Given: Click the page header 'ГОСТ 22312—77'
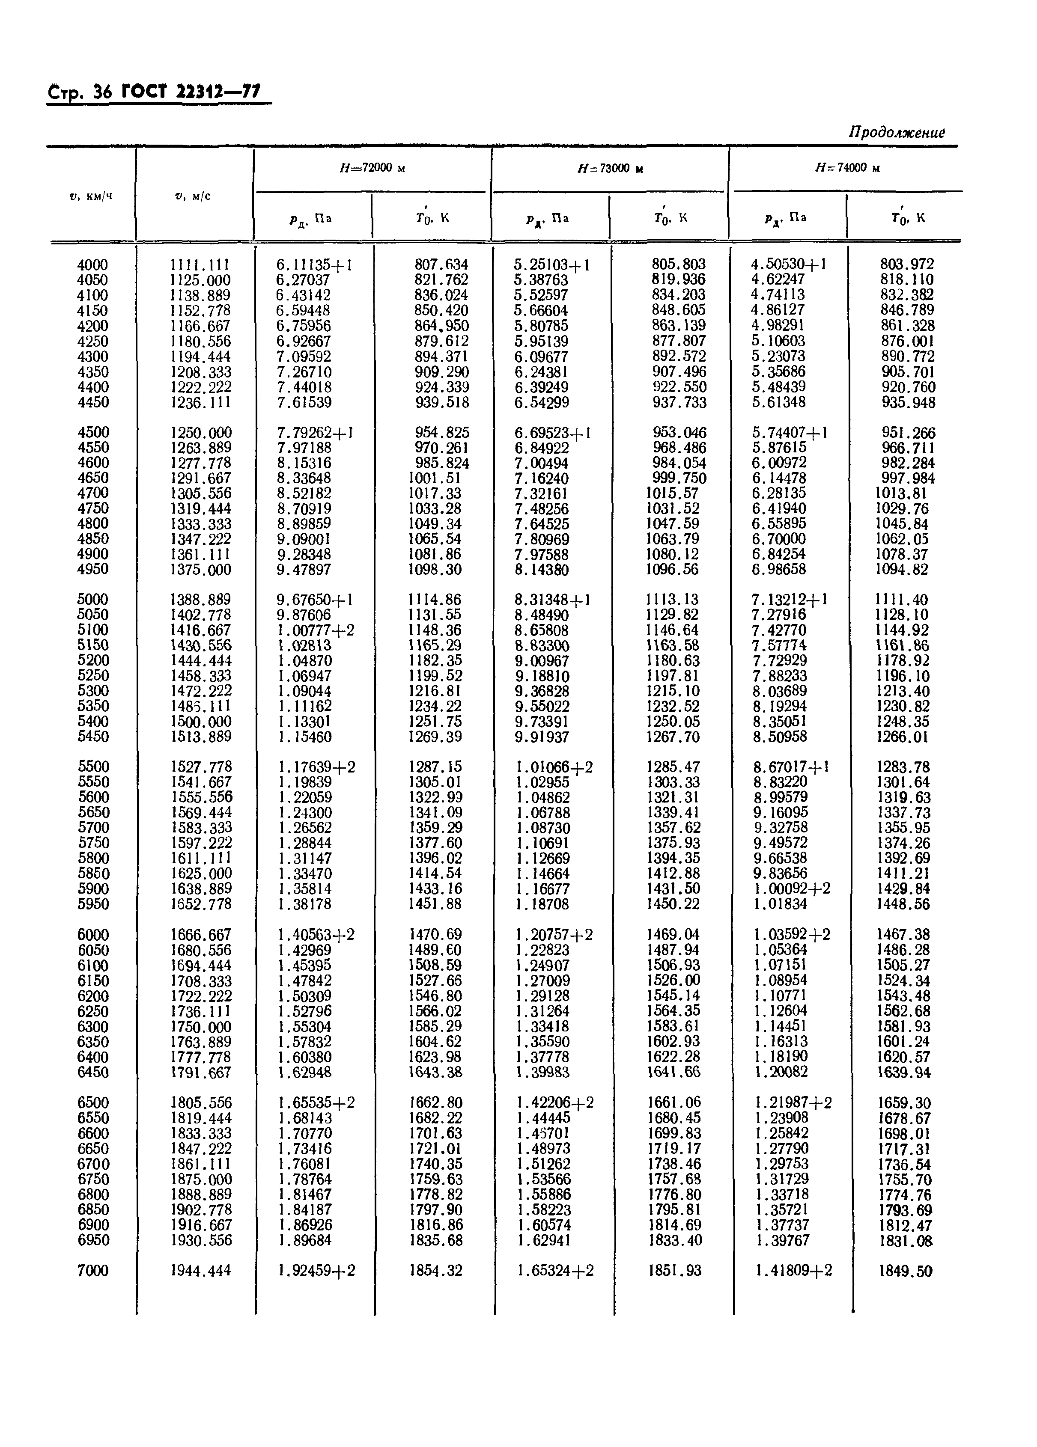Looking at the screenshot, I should pyautogui.click(x=191, y=92).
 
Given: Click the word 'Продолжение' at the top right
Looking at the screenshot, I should pyautogui.click(x=896, y=133).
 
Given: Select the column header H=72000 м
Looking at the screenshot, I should pyautogui.click(x=372, y=169).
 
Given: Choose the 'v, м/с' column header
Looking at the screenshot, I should pyautogui.click(x=192, y=196).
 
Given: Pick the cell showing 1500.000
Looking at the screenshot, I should pyautogui.click(x=200, y=721).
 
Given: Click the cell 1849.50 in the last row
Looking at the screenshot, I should pyautogui.click(x=905, y=1271).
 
